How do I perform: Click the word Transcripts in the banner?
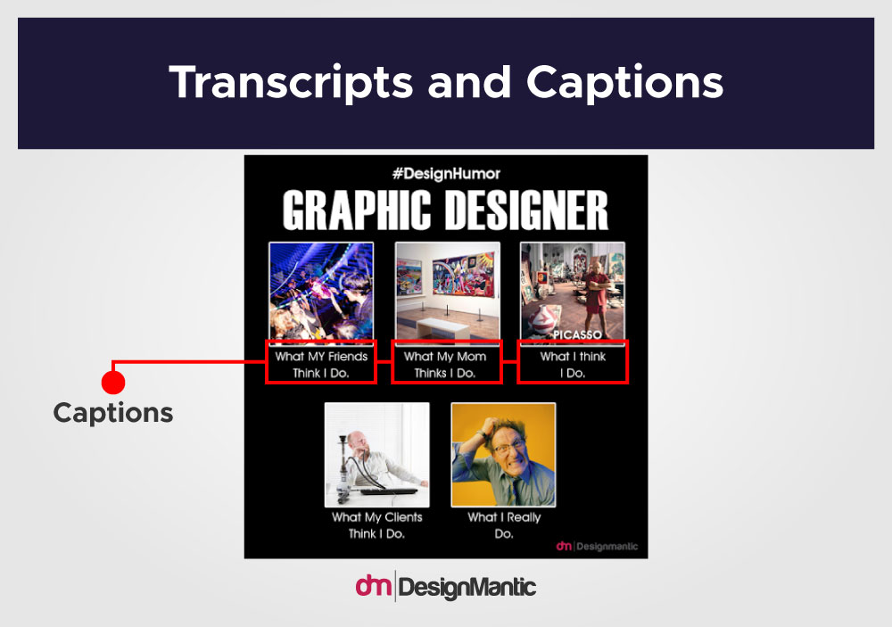pyautogui.click(x=291, y=83)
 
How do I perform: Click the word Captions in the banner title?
pyautogui.click(x=624, y=83)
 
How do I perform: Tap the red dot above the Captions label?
pyautogui.click(x=113, y=382)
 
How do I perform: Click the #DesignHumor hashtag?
pyautogui.click(x=446, y=174)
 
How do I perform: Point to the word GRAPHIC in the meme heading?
pyautogui.click(x=357, y=210)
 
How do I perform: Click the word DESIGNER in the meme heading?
pyautogui.click(x=526, y=210)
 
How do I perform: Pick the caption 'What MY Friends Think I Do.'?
pyautogui.click(x=321, y=365)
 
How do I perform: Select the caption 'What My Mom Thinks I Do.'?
pyautogui.click(x=445, y=365)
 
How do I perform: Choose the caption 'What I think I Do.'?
pyautogui.click(x=573, y=365)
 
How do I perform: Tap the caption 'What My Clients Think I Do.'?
pyautogui.click(x=376, y=525)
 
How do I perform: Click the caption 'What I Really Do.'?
pyautogui.click(x=504, y=525)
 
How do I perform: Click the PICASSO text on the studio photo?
pyautogui.click(x=577, y=334)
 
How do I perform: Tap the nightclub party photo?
pyautogui.click(x=321, y=293)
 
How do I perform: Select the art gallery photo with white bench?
pyautogui.click(x=448, y=293)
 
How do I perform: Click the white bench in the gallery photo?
pyautogui.click(x=443, y=327)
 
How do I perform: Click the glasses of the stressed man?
pyautogui.click(x=509, y=447)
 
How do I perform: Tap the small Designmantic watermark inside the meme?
pyautogui.click(x=597, y=546)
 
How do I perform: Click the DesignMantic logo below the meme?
pyautogui.click(x=445, y=587)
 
